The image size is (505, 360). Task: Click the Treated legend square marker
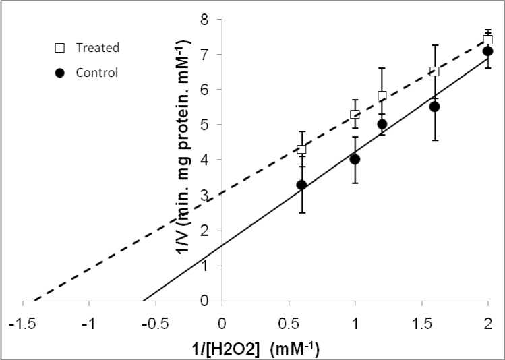[x=60, y=48]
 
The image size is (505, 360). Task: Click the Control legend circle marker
[x=60, y=73]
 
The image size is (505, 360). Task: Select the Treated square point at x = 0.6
[x=301, y=150]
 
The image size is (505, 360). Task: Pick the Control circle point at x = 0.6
[x=301, y=185]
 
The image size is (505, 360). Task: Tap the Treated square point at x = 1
[x=355, y=115]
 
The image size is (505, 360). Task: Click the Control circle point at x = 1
[x=355, y=160]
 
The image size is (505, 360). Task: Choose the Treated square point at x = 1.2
[x=382, y=96]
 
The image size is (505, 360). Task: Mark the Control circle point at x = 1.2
[x=382, y=124]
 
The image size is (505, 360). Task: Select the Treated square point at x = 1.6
[x=434, y=71]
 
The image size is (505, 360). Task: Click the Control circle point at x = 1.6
[x=434, y=107]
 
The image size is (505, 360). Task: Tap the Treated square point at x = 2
[x=487, y=40]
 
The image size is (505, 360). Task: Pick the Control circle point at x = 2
[x=487, y=51]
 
